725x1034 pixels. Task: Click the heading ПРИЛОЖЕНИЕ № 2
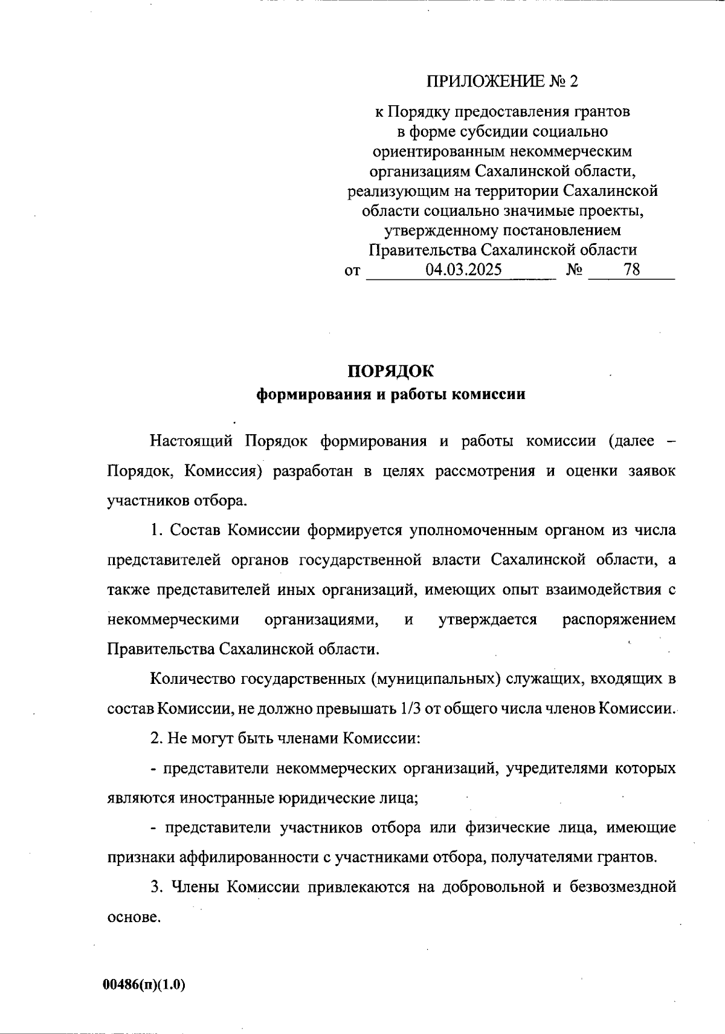[503, 81]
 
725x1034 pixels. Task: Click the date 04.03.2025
[463, 270]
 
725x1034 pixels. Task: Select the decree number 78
[632, 270]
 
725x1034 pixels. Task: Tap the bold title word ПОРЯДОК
[391, 371]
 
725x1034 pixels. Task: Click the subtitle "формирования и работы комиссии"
[391, 395]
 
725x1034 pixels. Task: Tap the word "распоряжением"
[619, 620]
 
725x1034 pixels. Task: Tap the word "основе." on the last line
[134, 917]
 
